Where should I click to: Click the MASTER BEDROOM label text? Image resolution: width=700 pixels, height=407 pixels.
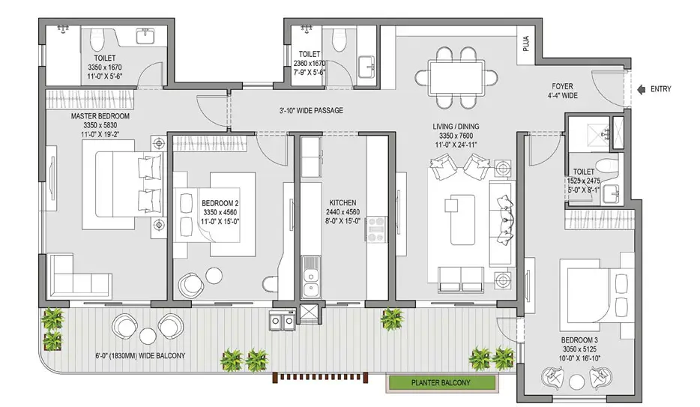[100, 117]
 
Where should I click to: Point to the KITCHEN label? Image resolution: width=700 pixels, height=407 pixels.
[342, 202]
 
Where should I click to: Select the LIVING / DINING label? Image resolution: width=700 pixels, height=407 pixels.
[455, 127]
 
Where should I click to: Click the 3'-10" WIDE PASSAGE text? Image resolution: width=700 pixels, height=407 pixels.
[311, 111]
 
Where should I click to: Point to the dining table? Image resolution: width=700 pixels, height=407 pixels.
[456, 76]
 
